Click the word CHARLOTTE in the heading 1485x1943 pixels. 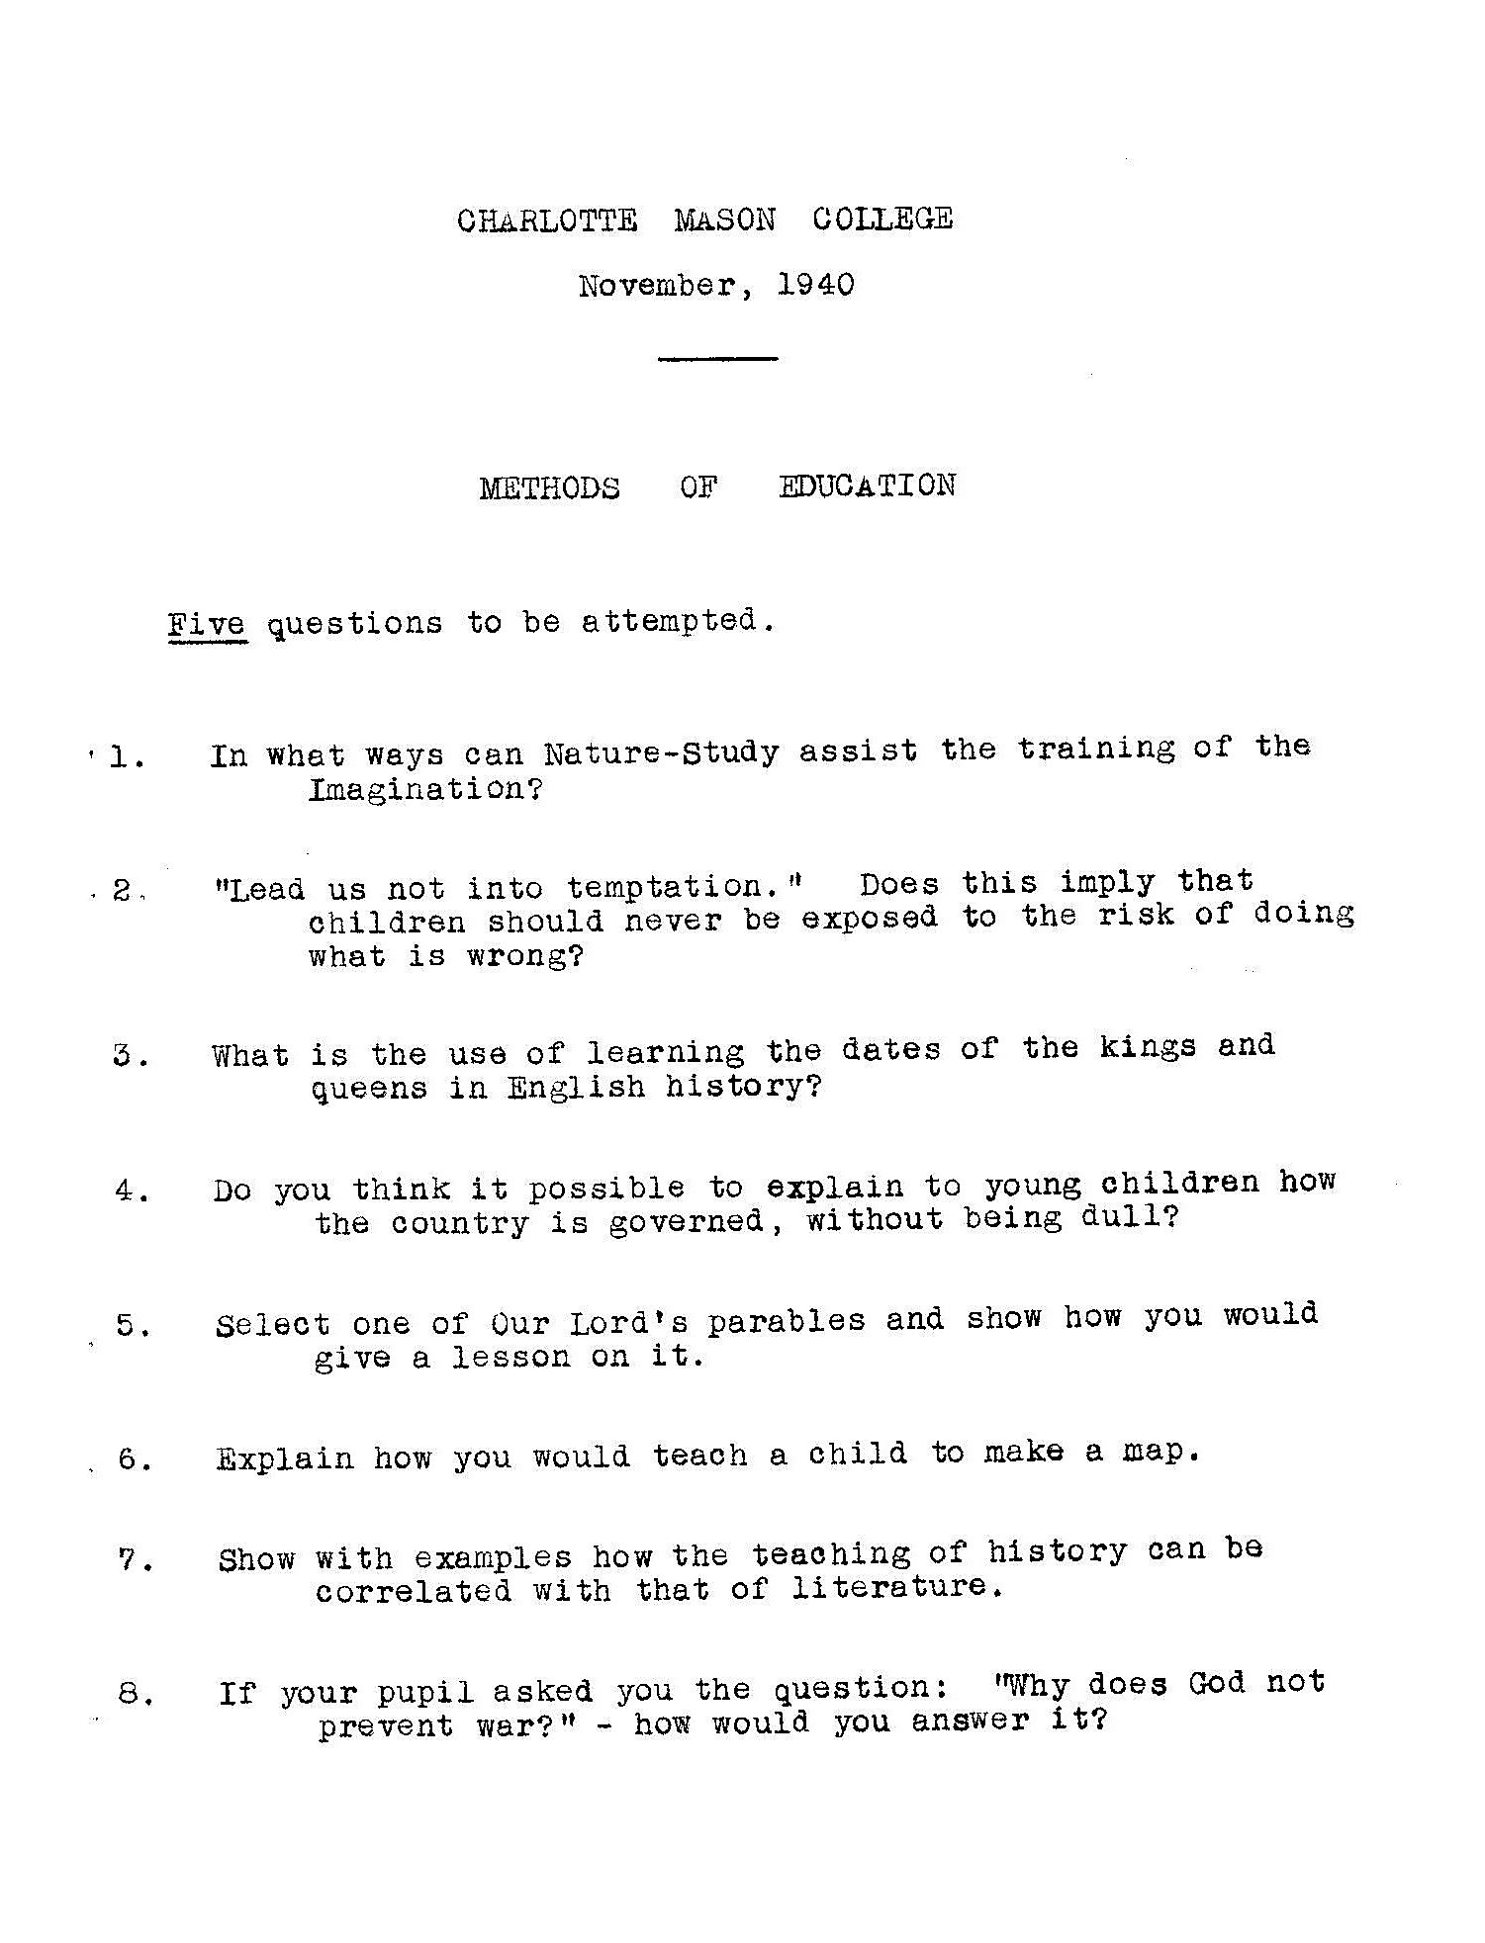[x=547, y=220]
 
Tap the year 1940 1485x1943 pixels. [x=815, y=285]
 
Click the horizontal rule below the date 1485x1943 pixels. [x=717, y=359]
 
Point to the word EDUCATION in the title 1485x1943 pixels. [x=867, y=486]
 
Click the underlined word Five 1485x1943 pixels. [x=207, y=625]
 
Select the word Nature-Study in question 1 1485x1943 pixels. [x=661, y=753]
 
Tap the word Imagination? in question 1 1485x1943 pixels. [x=425, y=790]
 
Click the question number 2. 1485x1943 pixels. [x=123, y=890]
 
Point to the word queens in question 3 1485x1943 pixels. [x=369, y=1090]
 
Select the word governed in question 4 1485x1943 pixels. [x=686, y=1222]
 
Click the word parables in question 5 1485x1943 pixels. [x=786, y=1321]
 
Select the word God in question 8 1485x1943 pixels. [x=1216, y=1683]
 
